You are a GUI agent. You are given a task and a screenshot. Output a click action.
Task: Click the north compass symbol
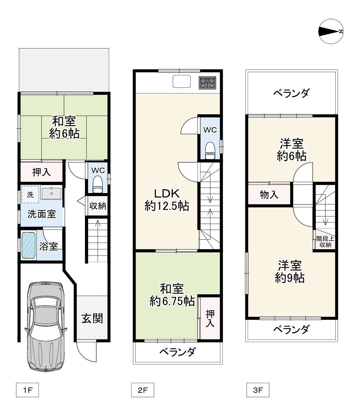[331, 31]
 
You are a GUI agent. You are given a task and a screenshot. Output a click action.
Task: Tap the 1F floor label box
[27, 390]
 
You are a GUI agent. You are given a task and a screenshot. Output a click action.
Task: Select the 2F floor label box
[142, 390]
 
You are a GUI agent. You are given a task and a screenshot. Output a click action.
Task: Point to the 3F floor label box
[258, 390]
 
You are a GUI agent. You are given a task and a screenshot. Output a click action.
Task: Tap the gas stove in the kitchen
[208, 83]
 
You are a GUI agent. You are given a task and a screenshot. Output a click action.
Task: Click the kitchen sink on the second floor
[182, 81]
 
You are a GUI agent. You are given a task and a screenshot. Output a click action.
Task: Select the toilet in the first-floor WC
[97, 184]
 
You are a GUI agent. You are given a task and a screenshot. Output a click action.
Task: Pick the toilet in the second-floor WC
[210, 151]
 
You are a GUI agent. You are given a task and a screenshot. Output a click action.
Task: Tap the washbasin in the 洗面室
[52, 193]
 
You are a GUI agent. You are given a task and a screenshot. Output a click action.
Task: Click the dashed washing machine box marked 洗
[30, 194]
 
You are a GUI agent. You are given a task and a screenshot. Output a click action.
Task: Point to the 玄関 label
[92, 319]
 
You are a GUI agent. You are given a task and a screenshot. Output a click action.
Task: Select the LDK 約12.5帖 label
[166, 200]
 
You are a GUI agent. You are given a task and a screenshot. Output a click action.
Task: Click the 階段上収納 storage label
[325, 241]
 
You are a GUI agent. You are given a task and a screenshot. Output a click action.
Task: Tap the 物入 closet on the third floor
[269, 194]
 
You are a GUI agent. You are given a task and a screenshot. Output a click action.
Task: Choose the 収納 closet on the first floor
[98, 206]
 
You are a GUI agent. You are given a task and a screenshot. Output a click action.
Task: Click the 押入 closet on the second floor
[210, 318]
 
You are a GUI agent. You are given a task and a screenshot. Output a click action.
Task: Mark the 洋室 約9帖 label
[290, 271]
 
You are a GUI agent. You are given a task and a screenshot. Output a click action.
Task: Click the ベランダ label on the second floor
[177, 352]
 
